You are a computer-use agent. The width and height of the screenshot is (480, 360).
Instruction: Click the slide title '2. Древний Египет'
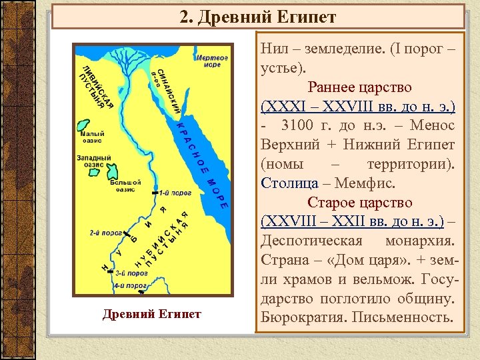point(258,17)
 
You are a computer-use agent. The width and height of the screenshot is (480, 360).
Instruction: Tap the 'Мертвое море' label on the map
point(212,61)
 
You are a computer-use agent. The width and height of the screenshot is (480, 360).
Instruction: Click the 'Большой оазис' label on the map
point(125,185)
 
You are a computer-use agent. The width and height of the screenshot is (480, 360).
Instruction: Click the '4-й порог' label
point(130,285)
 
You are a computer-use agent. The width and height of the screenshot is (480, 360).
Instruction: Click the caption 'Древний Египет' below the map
point(152,314)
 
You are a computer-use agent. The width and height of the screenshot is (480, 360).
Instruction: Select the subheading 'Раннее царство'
point(359,87)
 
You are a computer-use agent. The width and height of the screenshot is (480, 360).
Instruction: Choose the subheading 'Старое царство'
point(359,201)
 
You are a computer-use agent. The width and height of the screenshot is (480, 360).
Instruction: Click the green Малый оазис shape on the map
point(84,125)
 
